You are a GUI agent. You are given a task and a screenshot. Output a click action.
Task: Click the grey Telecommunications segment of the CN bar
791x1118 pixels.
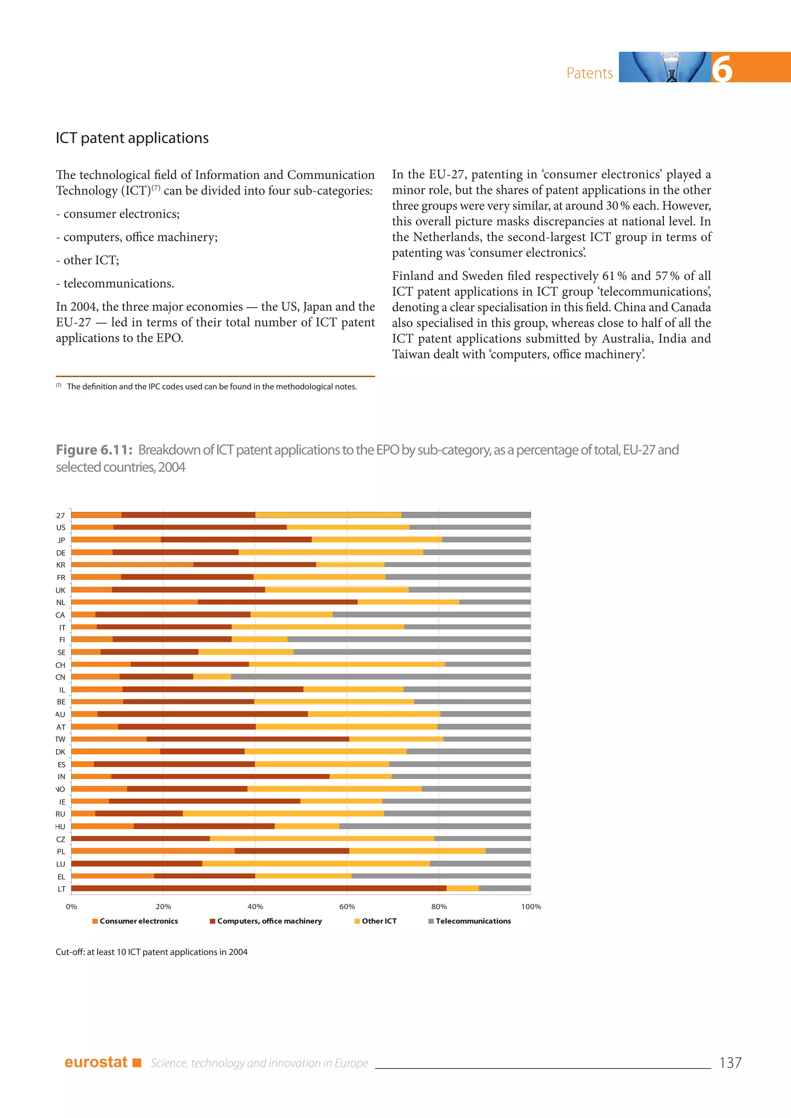click(380, 677)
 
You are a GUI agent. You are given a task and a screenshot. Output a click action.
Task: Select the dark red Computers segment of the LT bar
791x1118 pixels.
click(258, 889)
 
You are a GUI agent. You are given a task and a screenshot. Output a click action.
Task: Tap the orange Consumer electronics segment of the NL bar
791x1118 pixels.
click(134, 602)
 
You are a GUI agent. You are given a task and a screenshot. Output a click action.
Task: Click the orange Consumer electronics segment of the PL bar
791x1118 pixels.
click(153, 851)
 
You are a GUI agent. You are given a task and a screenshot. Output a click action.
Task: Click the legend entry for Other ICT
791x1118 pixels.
click(379, 921)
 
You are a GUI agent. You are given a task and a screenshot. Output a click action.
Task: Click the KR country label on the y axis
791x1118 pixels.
click(60, 565)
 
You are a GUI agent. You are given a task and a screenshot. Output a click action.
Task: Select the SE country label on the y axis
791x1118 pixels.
click(61, 652)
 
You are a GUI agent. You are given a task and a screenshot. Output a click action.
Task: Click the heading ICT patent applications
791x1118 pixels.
click(132, 138)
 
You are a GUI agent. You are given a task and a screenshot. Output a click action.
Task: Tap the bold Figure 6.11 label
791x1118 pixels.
click(94, 450)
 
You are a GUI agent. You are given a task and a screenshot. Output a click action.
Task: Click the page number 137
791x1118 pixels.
click(730, 1063)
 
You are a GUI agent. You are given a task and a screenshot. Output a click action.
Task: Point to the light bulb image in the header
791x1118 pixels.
click(664, 67)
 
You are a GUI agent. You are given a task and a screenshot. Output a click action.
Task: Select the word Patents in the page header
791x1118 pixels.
click(589, 73)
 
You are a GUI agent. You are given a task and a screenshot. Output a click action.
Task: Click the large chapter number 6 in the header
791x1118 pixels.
click(722, 68)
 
